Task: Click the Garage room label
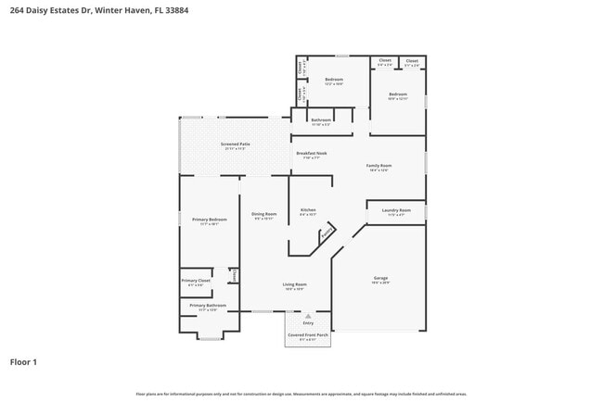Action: point(380,278)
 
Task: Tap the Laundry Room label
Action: point(396,210)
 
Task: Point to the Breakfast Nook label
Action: point(311,153)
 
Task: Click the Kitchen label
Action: point(308,210)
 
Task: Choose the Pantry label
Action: point(327,235)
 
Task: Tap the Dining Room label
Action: point(263,214)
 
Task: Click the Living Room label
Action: point(294,284)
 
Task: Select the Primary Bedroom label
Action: point(210,220)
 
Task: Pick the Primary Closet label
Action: point(196,280)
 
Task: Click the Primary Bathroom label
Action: point(208,305)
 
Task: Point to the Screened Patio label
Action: point(235,144)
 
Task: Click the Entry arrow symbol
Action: point(307,315)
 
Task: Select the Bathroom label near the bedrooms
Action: point(321,119)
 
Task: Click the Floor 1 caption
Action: point(23,361)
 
